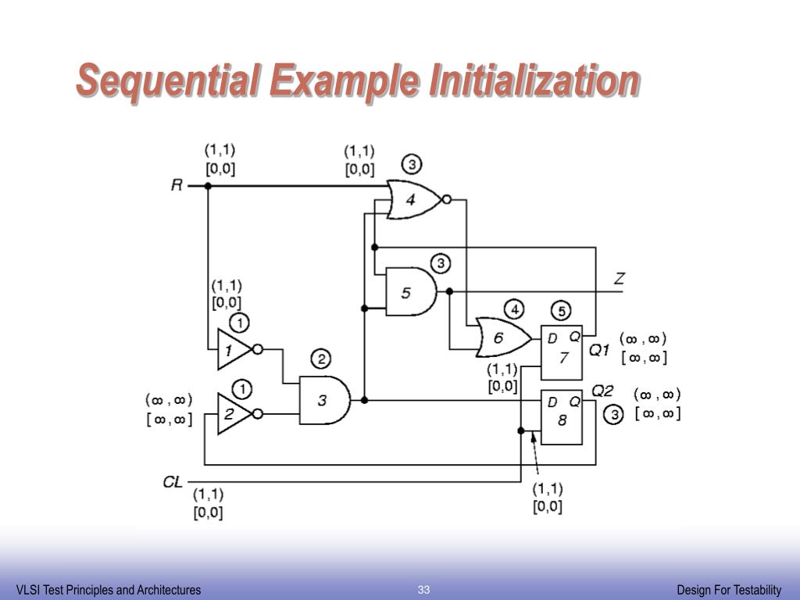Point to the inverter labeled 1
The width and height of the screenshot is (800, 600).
pyautogui.click(x=233, y=349)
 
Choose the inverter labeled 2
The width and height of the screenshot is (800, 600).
pyautogui.click(x=233, y=414)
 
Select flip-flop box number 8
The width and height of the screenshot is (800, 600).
pyautogui.click(x=562, y=416)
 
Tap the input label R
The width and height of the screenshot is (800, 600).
pyautogui.click(x=177, y=185)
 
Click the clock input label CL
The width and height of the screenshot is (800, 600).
pyautogui.click(x=173, y=481)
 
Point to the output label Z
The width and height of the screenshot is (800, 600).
pyautogui.click(x=620, y=278)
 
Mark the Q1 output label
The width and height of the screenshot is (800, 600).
pyautogui.click(x=599, y=350)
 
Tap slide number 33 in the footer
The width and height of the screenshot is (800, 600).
pyautogui.click(x=424, y=589)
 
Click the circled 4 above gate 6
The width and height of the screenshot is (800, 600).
pyautogui.click(x=515, y=309)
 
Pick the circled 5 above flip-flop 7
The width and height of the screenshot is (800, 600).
pyautogui.click(x=562, y=309)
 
